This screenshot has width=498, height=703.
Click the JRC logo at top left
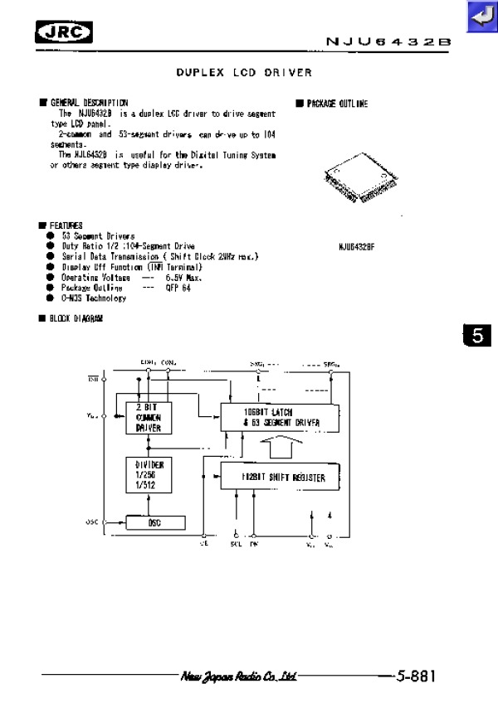pyautogui.click(x=64, y=33)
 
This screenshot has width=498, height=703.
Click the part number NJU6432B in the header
pyautogui.click(x=388, y=41)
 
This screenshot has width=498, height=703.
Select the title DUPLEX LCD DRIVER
pyautogui.click(x=244, y=73)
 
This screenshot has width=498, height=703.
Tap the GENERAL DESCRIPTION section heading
pyautogui.click(x=89, y=103)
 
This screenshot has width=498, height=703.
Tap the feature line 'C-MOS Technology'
pyautogui.click(x=94, y=298)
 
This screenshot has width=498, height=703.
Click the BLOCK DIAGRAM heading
pyautogui.click(x=76, y=318)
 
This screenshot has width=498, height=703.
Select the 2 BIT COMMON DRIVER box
pyautogui.click(x=149, y=418)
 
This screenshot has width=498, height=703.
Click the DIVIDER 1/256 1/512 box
pyautogui.click(x=149, y=476)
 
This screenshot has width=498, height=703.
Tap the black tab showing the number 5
pyautogui.click(x=477, y=336)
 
